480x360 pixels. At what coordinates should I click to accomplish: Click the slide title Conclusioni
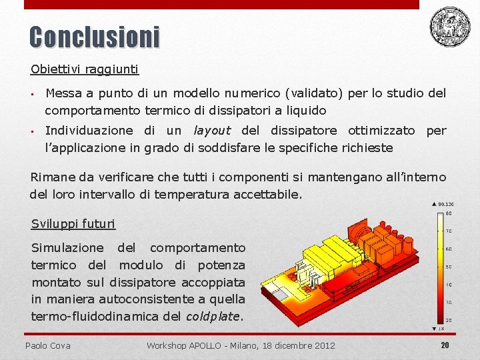point(95,37)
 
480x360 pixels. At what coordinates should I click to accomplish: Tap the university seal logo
point(449,26)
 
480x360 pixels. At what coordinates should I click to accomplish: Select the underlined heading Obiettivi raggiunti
point(85,69)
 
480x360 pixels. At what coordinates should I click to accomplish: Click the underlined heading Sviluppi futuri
point(73,223)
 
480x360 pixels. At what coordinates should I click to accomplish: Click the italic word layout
point(211,131)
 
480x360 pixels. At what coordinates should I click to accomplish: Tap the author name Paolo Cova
point(47,345)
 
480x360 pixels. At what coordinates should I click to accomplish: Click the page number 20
point(445,345)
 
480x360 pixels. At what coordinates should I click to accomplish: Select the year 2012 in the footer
point(325,345)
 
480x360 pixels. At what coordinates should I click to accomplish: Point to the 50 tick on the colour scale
point(448,267)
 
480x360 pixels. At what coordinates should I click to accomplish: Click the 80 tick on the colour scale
point(448,213)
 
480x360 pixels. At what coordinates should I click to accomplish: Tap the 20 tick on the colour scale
point(448,320)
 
